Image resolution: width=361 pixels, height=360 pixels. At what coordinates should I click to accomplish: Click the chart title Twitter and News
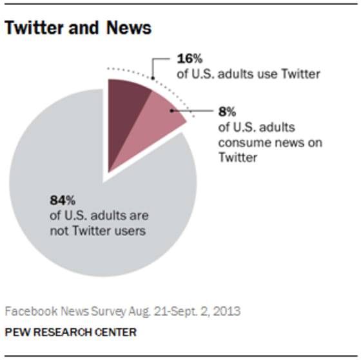pyautogui.click(x=78, y=28)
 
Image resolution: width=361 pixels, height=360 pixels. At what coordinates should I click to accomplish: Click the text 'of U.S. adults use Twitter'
pyautogui.click(x=248, y=74)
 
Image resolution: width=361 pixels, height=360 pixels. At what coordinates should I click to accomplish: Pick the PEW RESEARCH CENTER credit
pyautogui.click(x=70, y=332)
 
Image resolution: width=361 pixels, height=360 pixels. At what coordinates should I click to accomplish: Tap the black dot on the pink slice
pyautogui.click(x=171, y=110)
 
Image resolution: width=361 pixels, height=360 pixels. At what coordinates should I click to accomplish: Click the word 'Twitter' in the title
pyautogui.click(x=36, y=28)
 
